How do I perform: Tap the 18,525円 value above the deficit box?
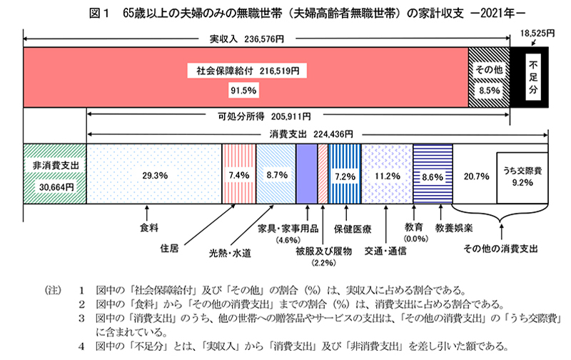pyautogui.click(x=533, y=34)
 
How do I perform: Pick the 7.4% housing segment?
pyautogui.click(x=234, y=174)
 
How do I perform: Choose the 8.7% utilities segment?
pyautogui.click(x=274, y=174)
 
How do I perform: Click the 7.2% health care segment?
pyautogui.click(x=344, y=174)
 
